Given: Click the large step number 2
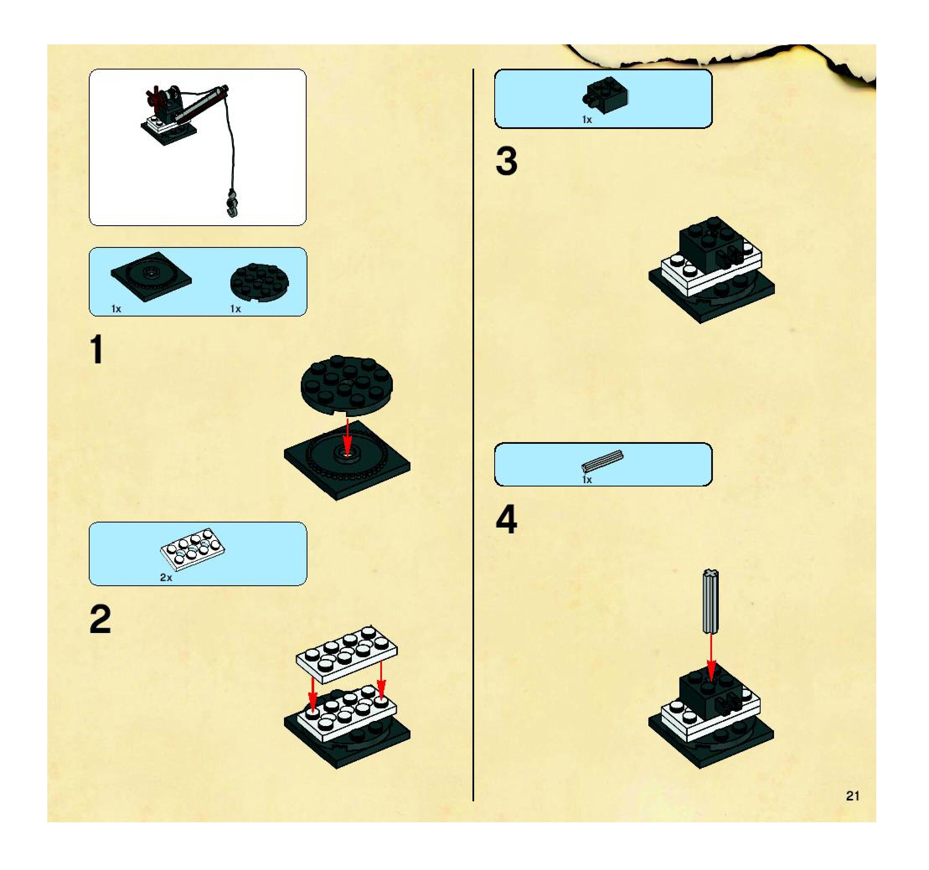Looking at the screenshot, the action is (x=101, y=619).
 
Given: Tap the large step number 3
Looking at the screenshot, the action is (x=506, y=161).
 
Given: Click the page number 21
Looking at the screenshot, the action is (x=852, y=796).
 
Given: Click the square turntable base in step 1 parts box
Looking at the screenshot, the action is (x=151, y=276).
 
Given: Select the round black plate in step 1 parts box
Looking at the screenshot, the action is (x=259, y=282).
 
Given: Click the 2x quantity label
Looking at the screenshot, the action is (x=166, y=578).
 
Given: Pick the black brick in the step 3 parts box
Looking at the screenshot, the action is (x=606, y=95).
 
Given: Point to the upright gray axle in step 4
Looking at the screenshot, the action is (x=710, y=602).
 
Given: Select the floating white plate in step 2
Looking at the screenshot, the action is (x=347, y=655).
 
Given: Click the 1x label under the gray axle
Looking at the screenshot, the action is (x=587, y=480).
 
